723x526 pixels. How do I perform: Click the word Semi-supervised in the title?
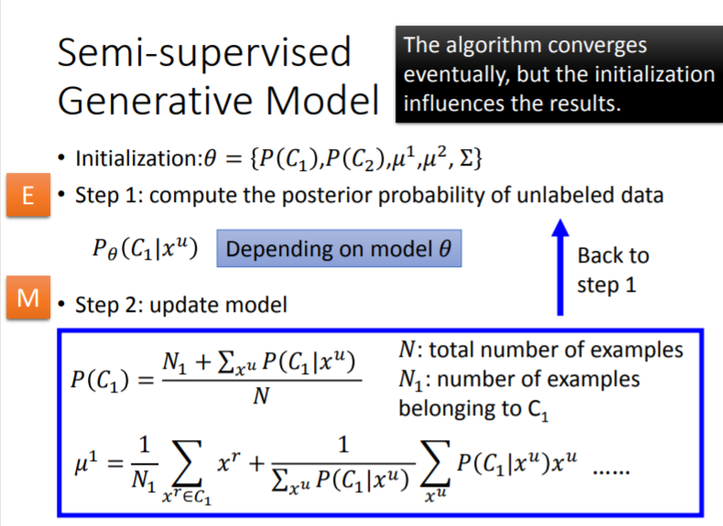pos(203,52)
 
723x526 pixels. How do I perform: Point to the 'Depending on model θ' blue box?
pos(339,249)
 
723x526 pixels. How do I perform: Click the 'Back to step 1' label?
pos(612,270)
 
